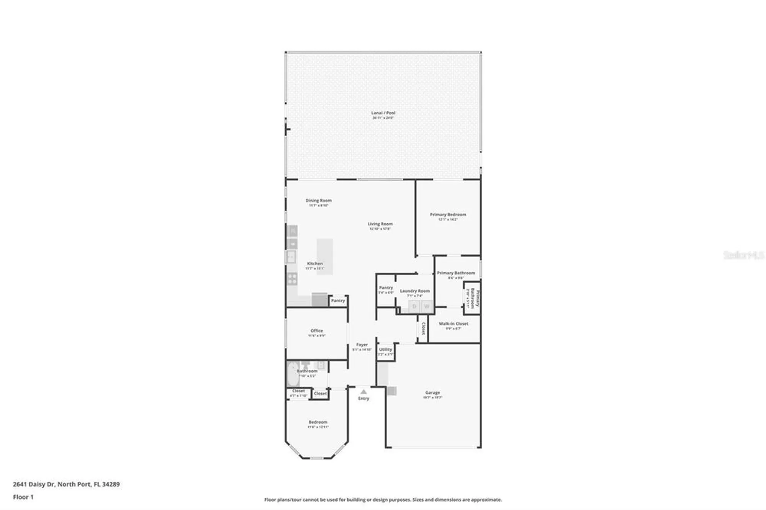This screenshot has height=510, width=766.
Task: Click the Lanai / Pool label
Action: point(383,113)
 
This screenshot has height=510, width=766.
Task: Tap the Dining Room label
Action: point(318,201)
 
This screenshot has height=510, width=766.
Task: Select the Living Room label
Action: point(380,224)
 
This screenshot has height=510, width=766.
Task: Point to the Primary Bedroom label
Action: point(448,215)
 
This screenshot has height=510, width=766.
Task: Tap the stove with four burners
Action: point(292,278)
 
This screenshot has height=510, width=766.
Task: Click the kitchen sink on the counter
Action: point(291,257)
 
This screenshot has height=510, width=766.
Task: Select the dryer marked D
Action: point(414,306)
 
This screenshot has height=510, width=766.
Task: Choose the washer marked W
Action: point(427,306)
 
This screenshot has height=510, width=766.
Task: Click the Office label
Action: point(317,331)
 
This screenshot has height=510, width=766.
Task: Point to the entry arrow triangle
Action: point(363,392)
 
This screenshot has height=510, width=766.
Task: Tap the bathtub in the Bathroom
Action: point(292,373)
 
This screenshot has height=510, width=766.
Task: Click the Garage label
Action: point(432,392)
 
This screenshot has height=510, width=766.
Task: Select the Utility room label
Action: point(386,350)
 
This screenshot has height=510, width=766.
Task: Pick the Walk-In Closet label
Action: point(453,324)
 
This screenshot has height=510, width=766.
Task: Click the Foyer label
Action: point(362,345)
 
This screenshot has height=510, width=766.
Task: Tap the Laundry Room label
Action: point(415,291)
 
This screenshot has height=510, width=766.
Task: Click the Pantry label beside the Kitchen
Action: point(338,301)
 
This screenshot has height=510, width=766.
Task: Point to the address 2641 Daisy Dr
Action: point(66,484)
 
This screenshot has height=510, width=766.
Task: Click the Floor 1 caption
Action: point(23,497)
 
